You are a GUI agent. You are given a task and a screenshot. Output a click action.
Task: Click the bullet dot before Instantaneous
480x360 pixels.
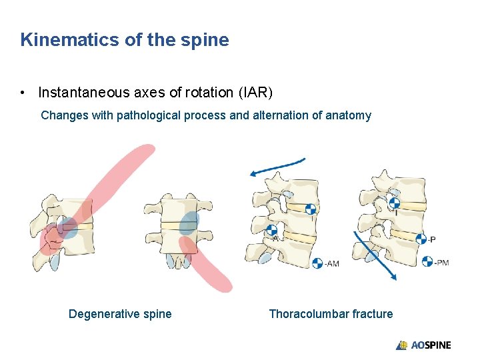tap(24, 93)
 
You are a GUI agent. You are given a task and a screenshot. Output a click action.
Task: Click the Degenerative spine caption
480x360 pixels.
tap(120, 314)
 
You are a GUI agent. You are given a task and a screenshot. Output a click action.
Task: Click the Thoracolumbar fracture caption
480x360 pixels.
tap(331, 314)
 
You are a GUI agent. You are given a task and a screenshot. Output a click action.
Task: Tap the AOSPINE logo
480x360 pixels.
tap(423, 345)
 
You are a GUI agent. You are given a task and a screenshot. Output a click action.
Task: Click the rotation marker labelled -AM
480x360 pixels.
tap(317, 263)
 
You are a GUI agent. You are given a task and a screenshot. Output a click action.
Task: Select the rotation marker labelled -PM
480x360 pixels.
tap(427, 261)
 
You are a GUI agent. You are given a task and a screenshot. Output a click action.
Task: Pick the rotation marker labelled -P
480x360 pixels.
tap(421, 239)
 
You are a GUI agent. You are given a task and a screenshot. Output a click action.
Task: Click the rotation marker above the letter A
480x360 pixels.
tap(272, 230)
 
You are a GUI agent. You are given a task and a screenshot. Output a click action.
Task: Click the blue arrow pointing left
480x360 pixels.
tap(277, 167)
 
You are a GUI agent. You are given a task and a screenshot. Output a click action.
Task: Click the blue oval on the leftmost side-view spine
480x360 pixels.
tap(67, 228)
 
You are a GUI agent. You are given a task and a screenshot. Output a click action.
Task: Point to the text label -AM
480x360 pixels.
tap(331, 264)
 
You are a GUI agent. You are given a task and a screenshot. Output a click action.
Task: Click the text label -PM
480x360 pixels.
tap(441, 262)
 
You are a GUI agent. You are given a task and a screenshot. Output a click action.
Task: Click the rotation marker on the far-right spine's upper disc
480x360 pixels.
tap(395, 201)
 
